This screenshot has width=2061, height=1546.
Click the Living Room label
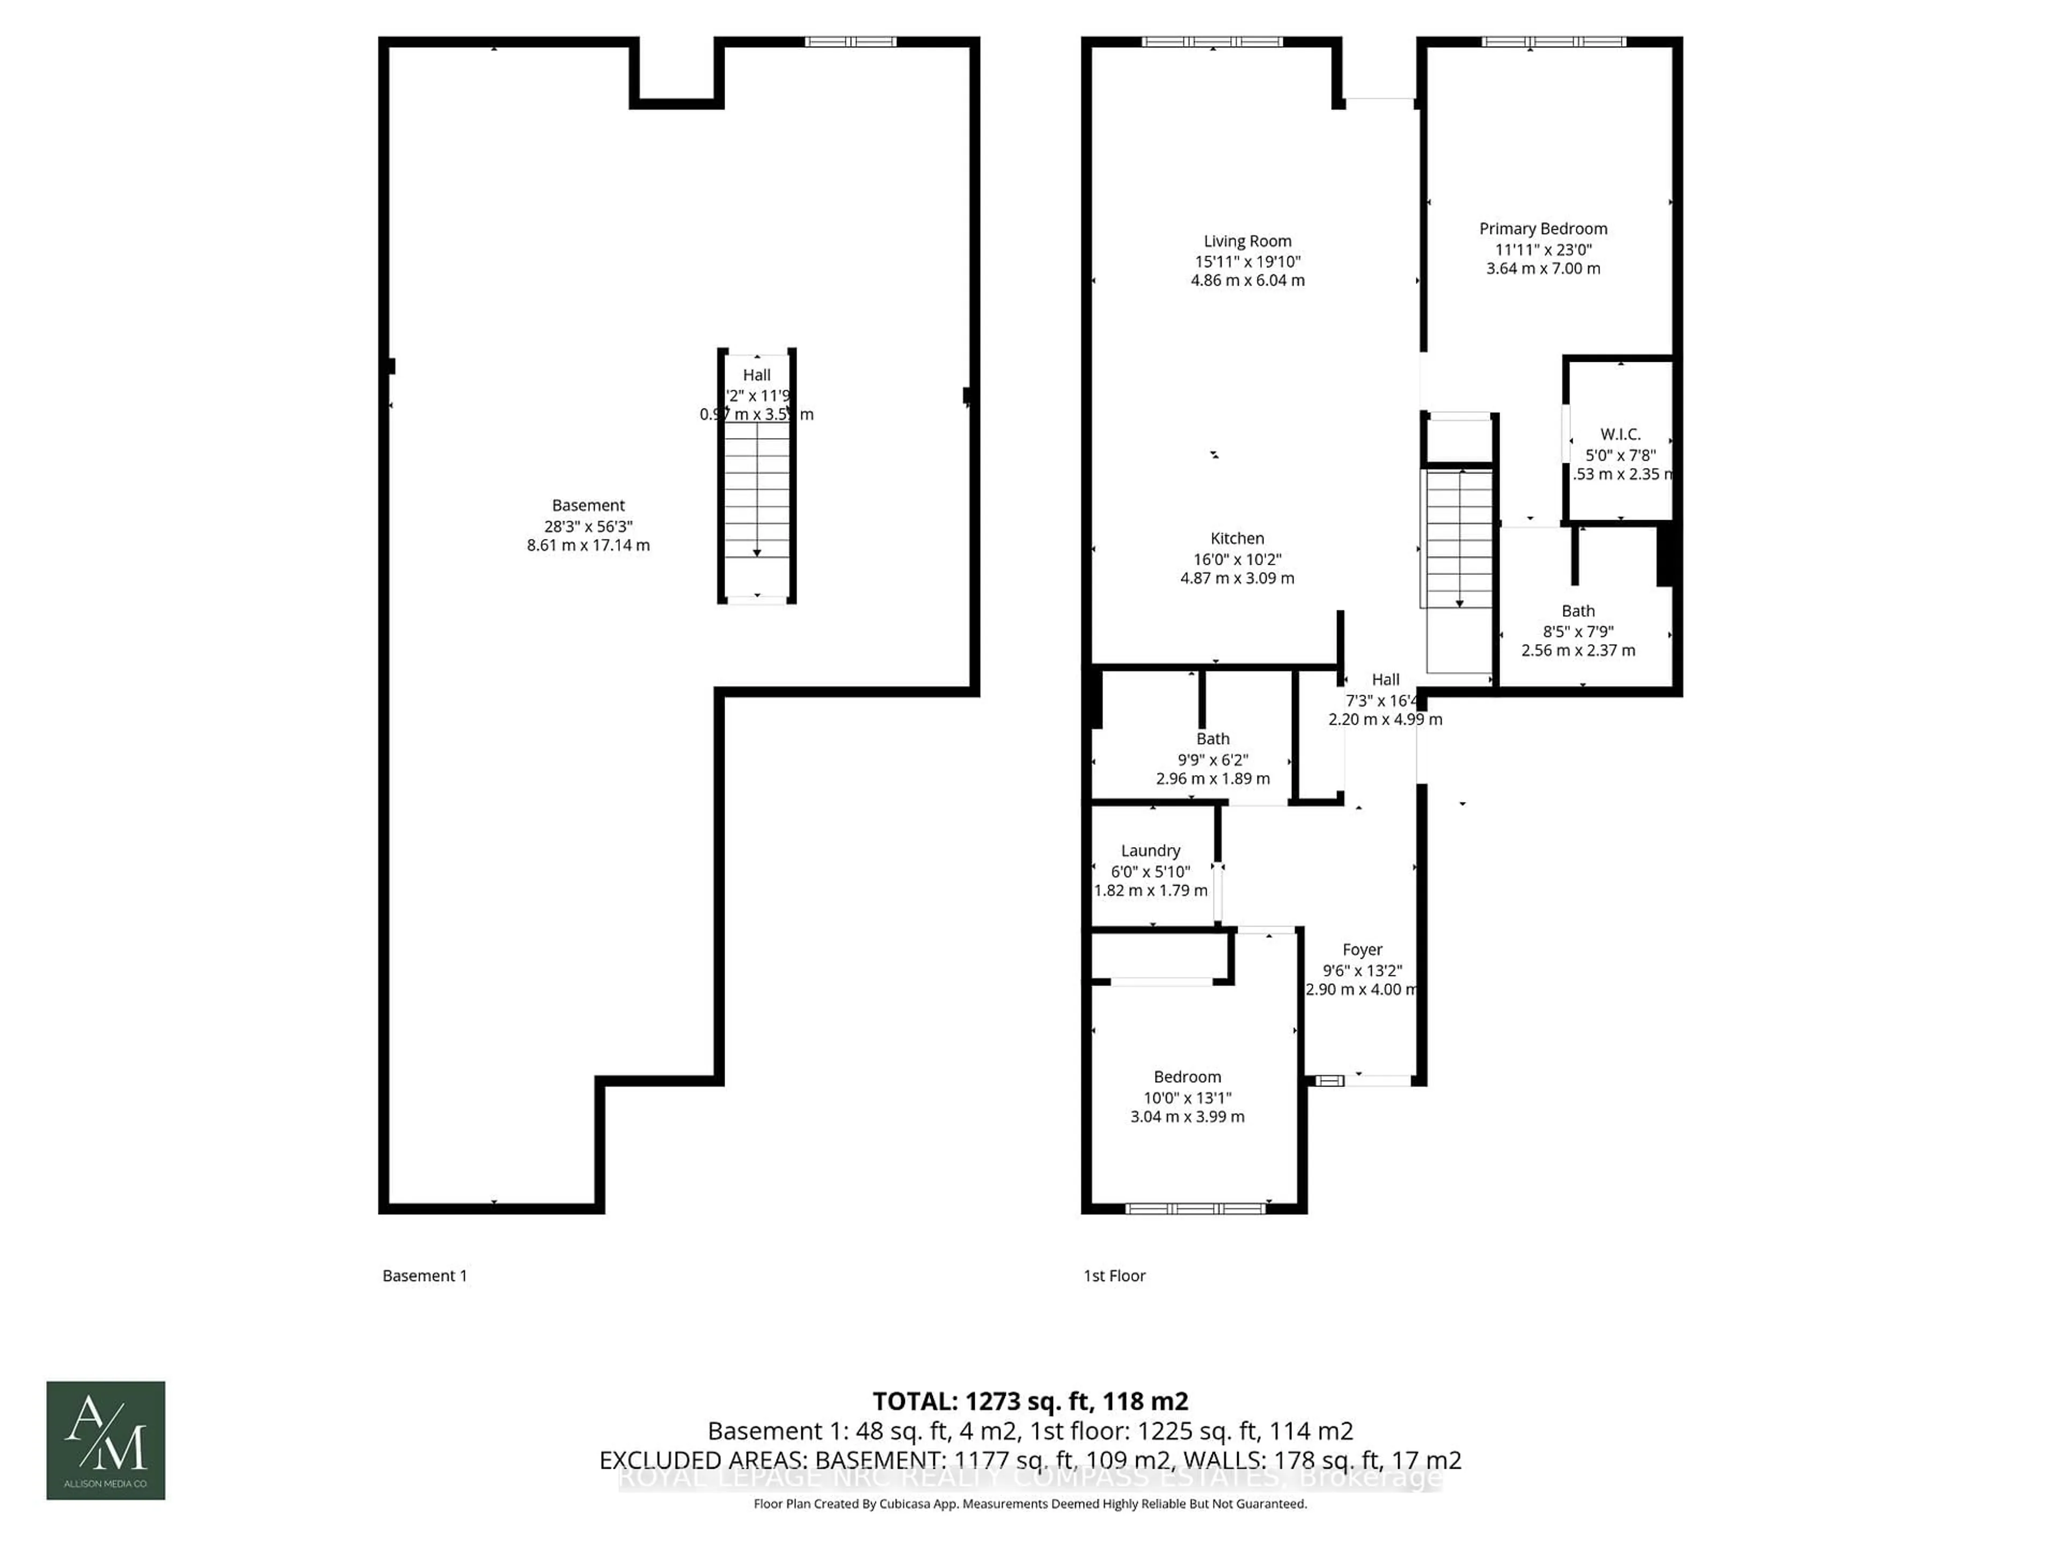tap(1247, 240)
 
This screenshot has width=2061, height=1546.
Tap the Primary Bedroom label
tap(1543, 228)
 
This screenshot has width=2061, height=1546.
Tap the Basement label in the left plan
tap(588, 505)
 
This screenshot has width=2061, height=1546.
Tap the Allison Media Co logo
tap(106, 1440)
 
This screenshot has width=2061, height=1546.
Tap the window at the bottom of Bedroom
tap(1195, 1209)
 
